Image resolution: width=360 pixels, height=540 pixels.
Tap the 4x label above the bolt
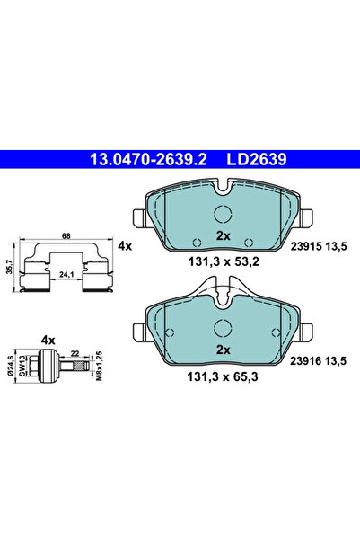[x=48, y=340]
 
